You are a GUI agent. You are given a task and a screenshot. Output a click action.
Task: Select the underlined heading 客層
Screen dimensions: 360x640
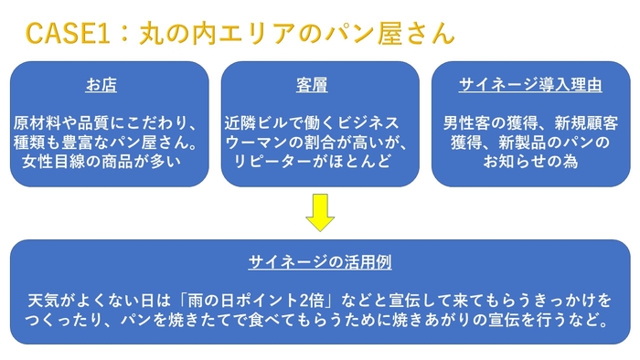coord(311,86)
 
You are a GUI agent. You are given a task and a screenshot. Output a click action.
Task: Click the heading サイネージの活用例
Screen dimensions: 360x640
coord(319,262)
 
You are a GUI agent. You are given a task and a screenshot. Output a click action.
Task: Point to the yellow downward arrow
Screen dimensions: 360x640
coord(320,211)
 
